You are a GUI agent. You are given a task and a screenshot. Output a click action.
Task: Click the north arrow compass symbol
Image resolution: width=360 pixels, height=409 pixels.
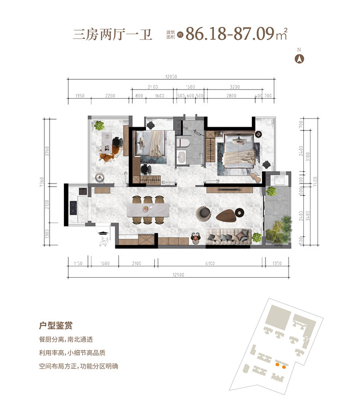coord(300,58)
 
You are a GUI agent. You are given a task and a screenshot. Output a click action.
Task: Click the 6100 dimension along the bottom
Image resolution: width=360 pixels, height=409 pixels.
coord(210,263)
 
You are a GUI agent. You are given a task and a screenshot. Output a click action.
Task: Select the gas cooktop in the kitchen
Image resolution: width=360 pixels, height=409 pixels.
coord(73,207)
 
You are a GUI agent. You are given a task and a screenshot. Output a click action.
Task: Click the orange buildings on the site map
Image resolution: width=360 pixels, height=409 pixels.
coord(279,365)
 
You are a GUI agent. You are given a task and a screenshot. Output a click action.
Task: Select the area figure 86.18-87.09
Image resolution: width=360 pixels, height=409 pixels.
coord(230,34)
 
